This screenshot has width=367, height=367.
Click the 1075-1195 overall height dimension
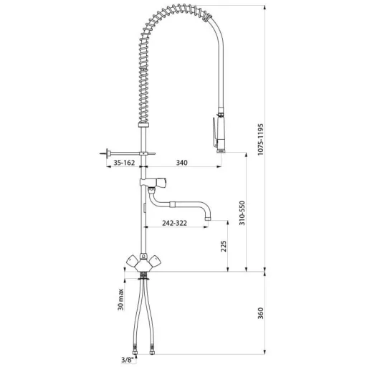(x=260, y=139)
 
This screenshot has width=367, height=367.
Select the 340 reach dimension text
(x=182, y=163)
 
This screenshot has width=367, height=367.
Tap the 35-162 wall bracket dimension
(x=124, y=163)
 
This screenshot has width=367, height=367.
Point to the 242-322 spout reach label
(x=174, y=223)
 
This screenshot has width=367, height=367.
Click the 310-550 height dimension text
(x=242, y=213)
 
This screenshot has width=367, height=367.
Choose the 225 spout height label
(x=224, y=246)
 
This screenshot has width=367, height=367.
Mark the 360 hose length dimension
(x=260, y=313)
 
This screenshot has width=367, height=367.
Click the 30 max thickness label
(x=120, y=300)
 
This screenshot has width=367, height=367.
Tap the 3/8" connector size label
(x=127, y=360)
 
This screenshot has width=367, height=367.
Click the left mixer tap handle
(x=132, y=261)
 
